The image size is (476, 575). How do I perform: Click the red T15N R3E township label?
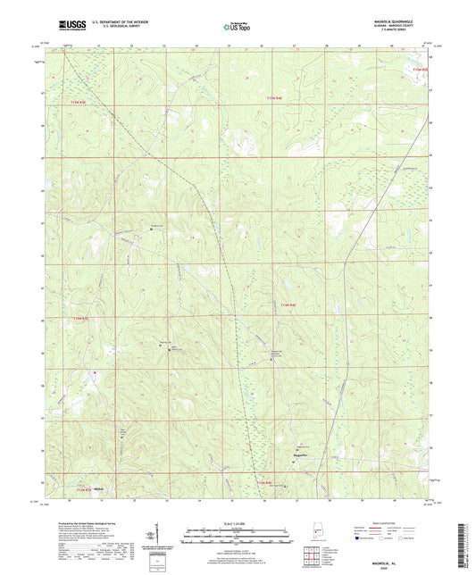[x=79, y=103]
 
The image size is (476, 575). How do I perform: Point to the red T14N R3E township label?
[x=79, y=317]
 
